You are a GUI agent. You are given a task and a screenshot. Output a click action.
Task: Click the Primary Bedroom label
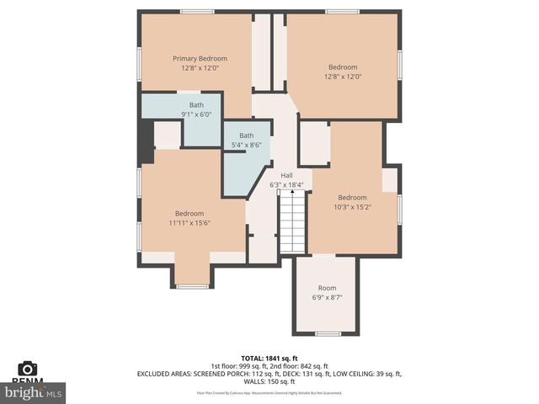click(x=200, y=58)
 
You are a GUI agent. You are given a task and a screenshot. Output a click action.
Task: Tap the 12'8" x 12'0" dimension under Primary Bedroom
click(x=200, y=67)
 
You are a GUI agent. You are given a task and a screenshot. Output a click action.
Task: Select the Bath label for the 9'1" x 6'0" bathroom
click(x=196, y=105)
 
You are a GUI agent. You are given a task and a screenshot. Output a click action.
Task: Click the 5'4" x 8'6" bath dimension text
click(x=246, y=145)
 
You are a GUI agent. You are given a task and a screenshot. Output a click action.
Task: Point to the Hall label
click(x=286, y=175)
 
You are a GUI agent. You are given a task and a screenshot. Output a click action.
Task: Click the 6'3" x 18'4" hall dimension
click(x=286, y=184)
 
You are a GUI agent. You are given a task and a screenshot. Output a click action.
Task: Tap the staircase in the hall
click(x=292, y=221)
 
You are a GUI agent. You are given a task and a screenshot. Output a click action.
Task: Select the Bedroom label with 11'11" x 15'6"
click(x=189, y=213)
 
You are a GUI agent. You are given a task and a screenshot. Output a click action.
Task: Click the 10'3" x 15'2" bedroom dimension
click(x=352, y=206)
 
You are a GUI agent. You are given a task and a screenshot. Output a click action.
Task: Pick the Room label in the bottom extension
click(x=327, y=288)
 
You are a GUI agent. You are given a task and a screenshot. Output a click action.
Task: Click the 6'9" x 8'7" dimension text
click(x=327, y=297)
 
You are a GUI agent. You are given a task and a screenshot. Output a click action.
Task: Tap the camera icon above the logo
click(x=28, y=368)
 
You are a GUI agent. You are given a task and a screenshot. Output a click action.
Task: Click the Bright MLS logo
click(x=34, y=392)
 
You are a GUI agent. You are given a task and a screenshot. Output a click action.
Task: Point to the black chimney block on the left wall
click(x=146, y=141)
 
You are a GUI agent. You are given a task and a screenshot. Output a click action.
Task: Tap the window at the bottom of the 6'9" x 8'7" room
click(x=327, y=333)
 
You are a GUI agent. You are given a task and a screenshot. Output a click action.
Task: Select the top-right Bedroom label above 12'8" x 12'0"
click(x=343, y=67)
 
